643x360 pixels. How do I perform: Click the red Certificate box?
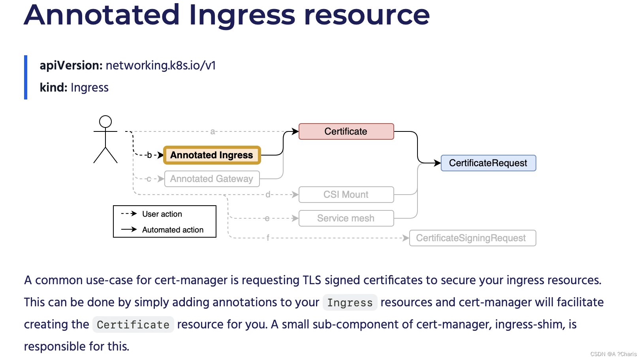tap(346, 131)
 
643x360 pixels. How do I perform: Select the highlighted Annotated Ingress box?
tap(212, 155)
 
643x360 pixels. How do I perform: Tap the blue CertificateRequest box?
tap(488, 163)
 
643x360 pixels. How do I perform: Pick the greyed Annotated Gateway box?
tap(212, 179)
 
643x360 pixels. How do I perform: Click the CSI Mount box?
tap(346, 195)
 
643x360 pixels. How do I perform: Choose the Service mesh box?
tap(346, 218)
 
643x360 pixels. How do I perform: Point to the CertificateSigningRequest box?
tap(472, 238)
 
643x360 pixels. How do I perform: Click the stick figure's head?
tap(105, 121)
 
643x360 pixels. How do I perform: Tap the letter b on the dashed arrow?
tap(149, 155)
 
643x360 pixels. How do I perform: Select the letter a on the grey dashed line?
tap(212, 131)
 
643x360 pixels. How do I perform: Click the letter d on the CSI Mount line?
tap(268, 195)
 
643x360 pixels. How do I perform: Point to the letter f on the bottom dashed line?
tap(268, 238)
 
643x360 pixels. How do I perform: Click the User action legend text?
tap(162, 214)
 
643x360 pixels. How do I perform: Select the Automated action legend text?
tap(173, 230)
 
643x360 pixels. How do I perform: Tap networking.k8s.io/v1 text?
tap(161, 66)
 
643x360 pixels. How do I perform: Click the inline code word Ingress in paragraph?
tap(350, 303)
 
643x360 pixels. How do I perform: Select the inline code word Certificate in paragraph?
tap(133, 325)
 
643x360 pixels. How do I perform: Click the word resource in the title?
tap(367, 15)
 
